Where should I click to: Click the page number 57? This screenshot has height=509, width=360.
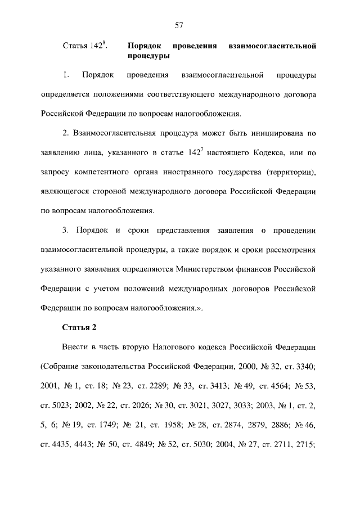179,25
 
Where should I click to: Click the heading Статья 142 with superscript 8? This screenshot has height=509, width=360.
84,46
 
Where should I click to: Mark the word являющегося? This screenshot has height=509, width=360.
66,191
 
